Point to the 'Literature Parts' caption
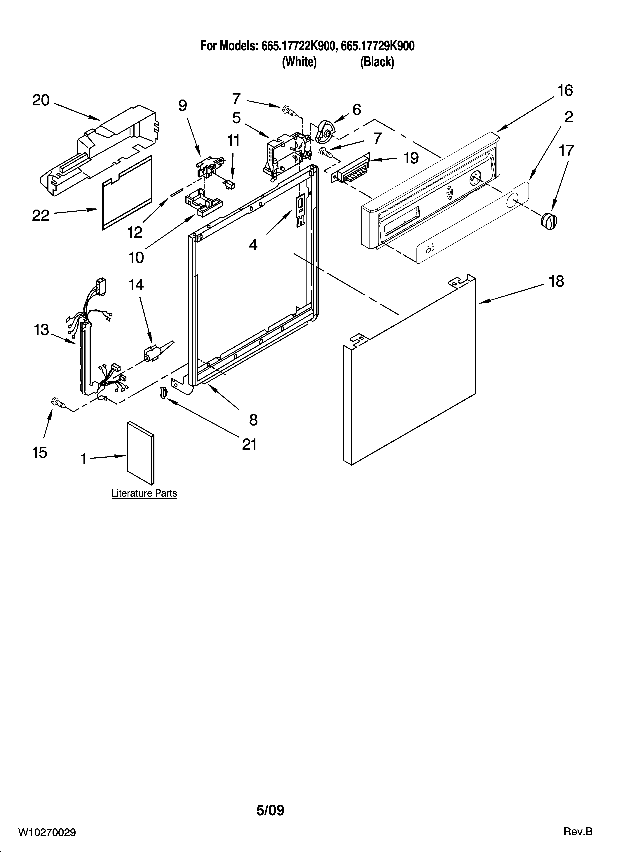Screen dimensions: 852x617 click(144, 493)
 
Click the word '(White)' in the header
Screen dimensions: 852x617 click(299, 62)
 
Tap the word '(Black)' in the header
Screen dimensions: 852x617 click(377, 62)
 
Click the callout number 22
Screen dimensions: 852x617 click(41, 215)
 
